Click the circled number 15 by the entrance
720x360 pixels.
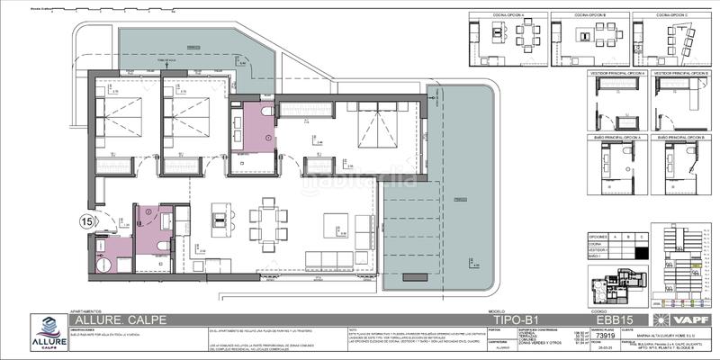tap(86, 220)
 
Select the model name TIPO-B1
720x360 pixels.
tap(494, 319)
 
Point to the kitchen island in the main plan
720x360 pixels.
tap(220, 219)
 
